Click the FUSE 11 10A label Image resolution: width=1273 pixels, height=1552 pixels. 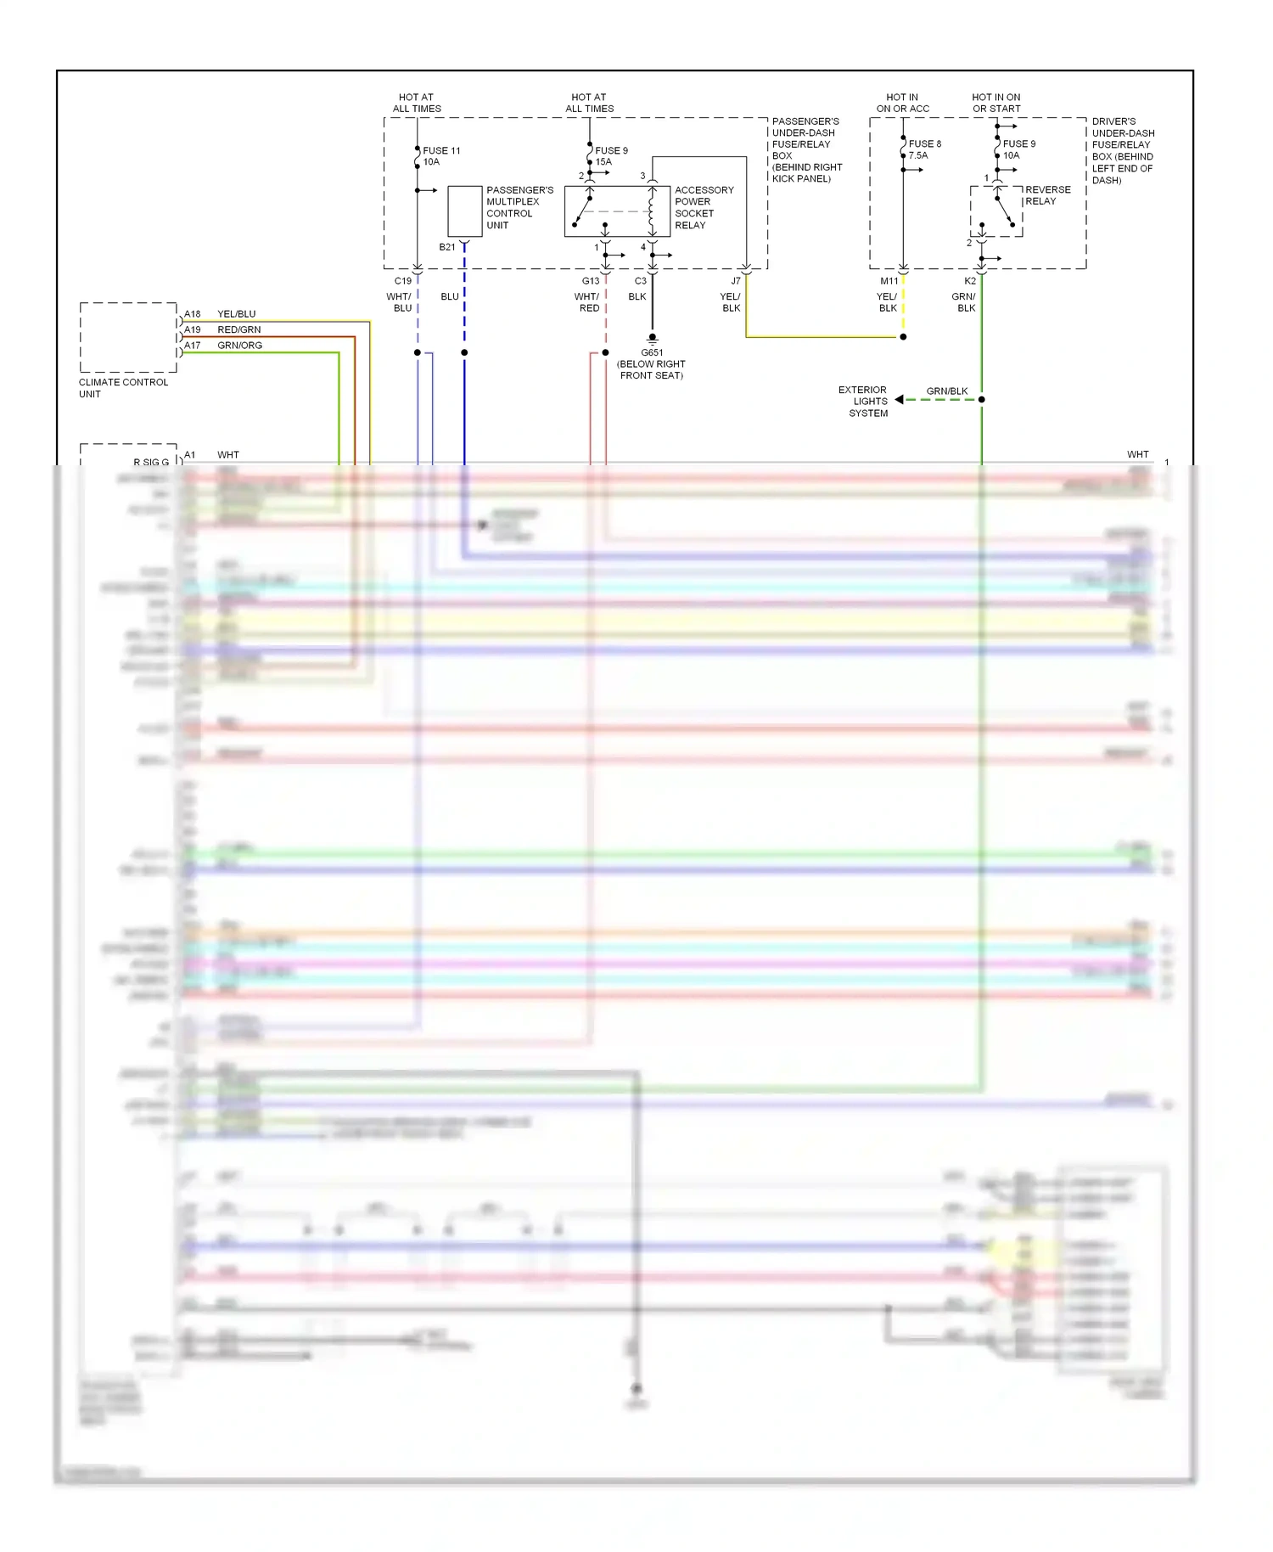click(441, 156)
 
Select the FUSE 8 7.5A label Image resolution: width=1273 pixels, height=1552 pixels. click(924, 149)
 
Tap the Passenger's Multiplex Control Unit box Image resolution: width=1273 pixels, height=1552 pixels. click(464, 211)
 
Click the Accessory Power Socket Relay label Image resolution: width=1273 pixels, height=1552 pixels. click(704, 208)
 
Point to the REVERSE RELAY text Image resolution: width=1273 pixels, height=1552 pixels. click(1047, 195)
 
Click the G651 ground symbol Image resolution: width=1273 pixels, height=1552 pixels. click(652, 339)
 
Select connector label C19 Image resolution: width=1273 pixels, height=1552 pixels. click(402, 281)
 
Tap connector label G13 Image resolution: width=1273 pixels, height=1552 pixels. click(591, 281)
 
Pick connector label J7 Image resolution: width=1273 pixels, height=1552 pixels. click(736, 281)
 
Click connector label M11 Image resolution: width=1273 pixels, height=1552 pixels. click(889, 281)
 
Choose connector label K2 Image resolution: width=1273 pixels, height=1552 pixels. click(970, 281)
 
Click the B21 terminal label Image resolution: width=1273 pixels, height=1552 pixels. click(447, 247)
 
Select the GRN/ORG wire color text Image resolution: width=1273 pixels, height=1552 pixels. click(239, 346)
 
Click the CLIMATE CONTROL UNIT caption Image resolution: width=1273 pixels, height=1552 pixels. click(123, 388)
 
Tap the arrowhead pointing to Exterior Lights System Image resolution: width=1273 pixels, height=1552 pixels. click(900, 400)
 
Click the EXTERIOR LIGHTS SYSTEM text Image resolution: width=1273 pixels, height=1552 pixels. click(864, 402)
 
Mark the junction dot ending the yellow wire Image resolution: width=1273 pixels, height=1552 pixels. click(903, 337)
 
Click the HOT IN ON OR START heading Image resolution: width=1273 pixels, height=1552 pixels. click(996, 103)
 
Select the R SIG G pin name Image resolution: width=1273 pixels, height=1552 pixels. click(150, 462)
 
